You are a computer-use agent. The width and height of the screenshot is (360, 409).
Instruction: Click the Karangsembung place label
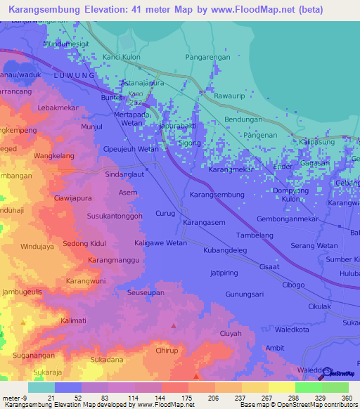[x=217, y=194]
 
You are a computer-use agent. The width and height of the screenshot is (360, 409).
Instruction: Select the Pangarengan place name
[x=209, y=57]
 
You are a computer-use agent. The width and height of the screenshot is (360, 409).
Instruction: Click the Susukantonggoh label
[x=115, y=216]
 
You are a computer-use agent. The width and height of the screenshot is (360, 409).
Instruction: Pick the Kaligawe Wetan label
[x=160, y=243]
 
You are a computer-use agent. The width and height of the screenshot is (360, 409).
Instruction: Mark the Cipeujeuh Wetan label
[x=131, y=149]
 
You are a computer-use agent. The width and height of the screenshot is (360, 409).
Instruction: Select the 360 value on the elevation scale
[x=346, y=397]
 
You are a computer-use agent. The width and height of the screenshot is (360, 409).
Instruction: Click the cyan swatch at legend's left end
[x=41, y=387]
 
